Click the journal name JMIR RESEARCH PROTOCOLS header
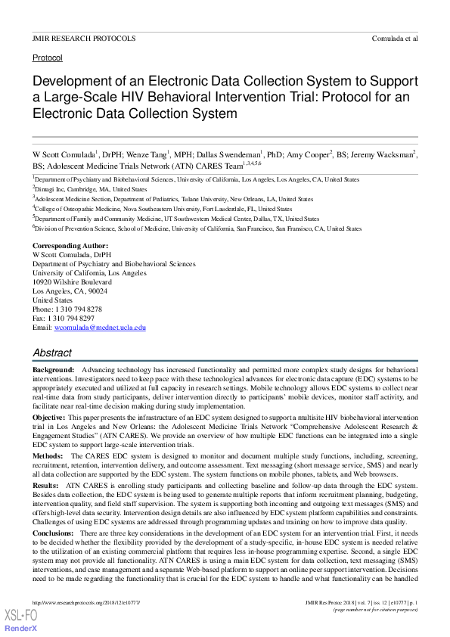(x=84, y=38)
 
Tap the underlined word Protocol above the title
(x=48, y=57)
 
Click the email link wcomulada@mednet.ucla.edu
(x=98, y=328)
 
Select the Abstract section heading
(x=52, y=353)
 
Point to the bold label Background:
(x=53, y=370)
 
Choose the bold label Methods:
(x=49, y=457)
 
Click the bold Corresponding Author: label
(x=70, y=247)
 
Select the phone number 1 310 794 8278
(x=79, y=309)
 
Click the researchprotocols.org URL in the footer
(x=87, y=601)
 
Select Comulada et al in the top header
(x=395, y=38)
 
